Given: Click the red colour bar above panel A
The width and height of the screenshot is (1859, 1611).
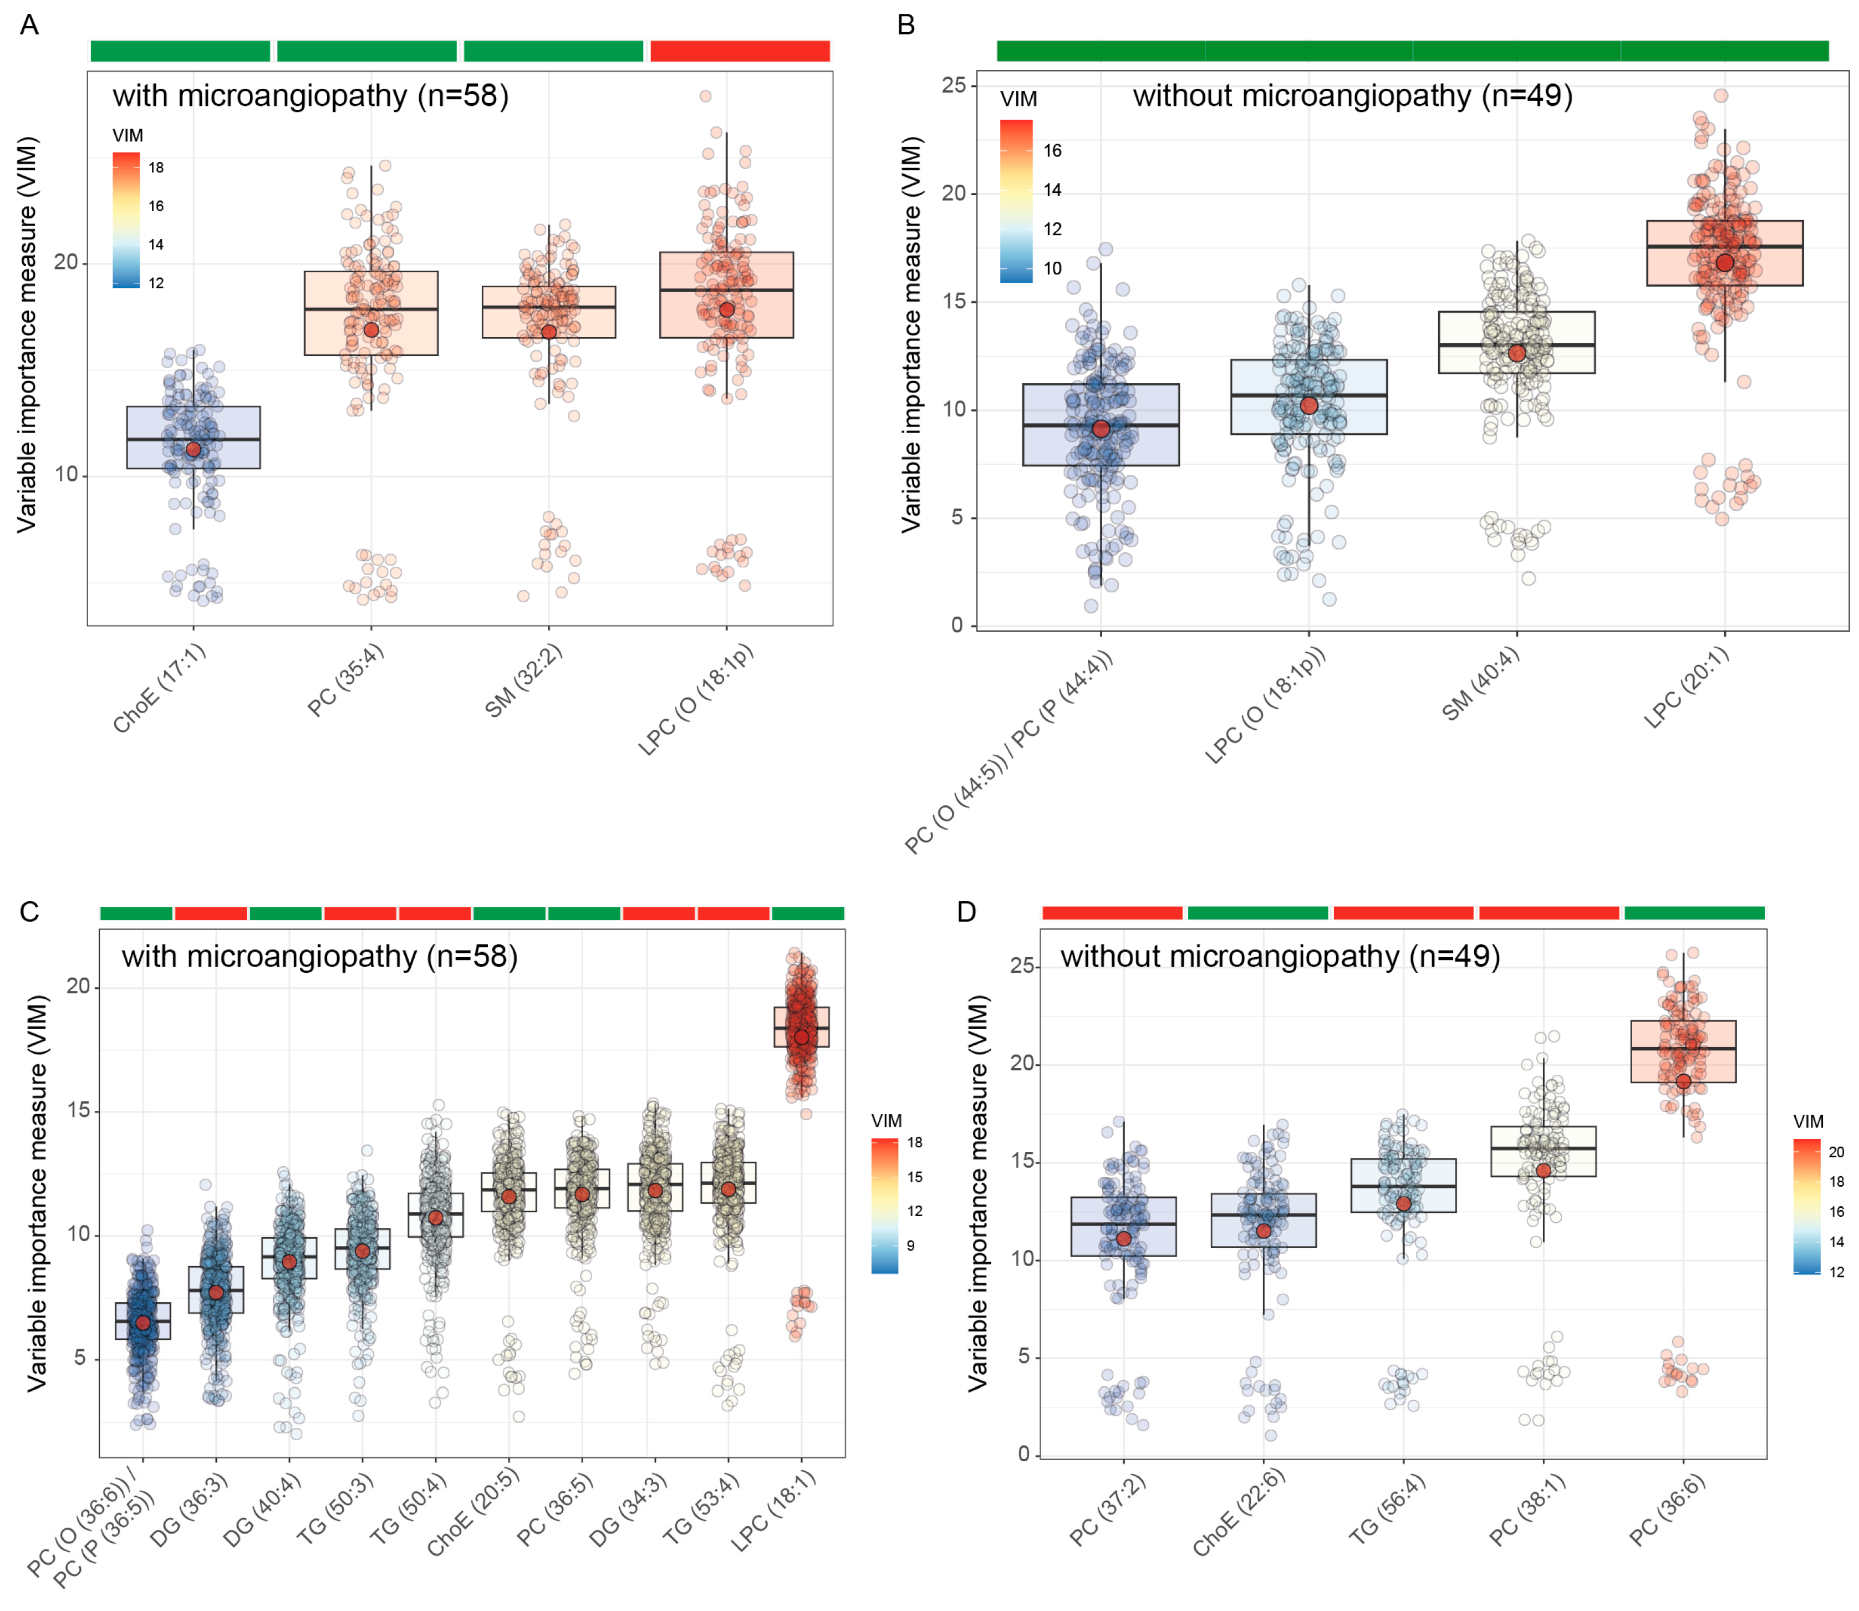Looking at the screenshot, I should tap(739, 51).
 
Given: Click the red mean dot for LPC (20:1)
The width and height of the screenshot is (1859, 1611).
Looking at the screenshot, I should tap(1723, 262).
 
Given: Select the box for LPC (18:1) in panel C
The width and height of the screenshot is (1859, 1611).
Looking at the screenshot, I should tap(801, 1026).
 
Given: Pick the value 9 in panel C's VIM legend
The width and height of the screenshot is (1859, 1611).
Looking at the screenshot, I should tap(910, 1245).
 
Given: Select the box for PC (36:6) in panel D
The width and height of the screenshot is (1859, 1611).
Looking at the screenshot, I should tap(1682, 1051).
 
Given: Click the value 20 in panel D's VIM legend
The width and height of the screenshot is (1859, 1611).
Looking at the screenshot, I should tap(1836, 1152).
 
